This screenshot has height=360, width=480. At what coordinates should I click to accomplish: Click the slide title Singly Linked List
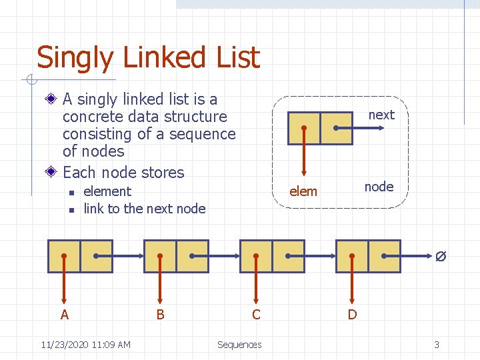point(147,57)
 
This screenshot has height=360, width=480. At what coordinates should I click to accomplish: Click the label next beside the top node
point(381,115)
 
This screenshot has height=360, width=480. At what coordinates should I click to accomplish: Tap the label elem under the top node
point(303,191)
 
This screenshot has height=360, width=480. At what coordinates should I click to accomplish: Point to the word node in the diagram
point(379,187)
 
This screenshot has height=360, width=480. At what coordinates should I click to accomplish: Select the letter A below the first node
point(65,314)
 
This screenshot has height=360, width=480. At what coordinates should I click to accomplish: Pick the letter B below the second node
point(160,314)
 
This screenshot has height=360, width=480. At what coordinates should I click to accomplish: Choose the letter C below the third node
point(256,314)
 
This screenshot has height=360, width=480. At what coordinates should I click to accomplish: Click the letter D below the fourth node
point(352,314)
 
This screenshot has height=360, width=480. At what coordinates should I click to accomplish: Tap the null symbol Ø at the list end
point(441,256)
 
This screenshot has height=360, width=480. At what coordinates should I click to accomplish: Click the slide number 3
point(437,345)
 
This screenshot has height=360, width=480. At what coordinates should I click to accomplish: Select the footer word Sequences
point(239,345)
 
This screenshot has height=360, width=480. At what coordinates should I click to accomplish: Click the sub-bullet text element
point(107,191)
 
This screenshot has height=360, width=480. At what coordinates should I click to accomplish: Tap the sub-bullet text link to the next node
point(145,209)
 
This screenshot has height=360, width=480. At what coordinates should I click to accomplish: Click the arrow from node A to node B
point(120,256)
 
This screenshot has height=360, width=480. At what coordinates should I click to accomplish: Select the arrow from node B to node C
point(216,256)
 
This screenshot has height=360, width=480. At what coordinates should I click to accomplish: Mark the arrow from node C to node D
point(312,256)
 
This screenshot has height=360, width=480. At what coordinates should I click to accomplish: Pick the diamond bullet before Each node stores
point(52,172)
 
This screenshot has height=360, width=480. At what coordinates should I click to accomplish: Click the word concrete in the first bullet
point(89,117)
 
